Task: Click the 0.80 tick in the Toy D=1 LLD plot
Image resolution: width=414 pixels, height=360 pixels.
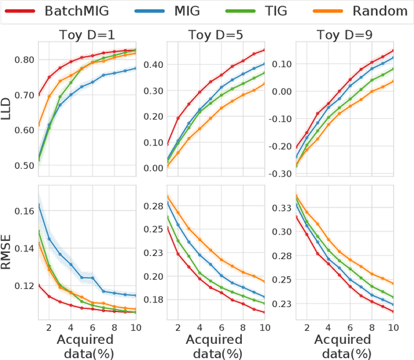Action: (x=23, y=60)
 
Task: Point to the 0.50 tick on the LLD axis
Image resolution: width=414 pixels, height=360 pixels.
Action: (x=23, y=165)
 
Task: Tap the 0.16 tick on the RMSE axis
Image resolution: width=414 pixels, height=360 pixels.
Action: (x=23, y=211)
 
